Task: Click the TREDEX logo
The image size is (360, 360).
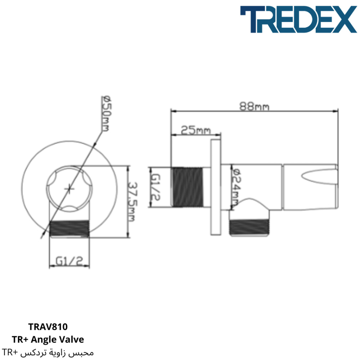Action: [298, 19]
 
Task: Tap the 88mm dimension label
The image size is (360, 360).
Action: [254, 107]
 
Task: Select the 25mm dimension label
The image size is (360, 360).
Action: [195, 130]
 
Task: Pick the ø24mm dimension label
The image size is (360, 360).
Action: [236, 187]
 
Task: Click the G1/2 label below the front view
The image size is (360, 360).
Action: [69, 261]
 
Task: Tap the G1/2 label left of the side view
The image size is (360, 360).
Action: [155, 187]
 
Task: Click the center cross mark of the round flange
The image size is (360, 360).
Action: [69, 189]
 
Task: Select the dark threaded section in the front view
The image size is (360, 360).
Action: [69, 229]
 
